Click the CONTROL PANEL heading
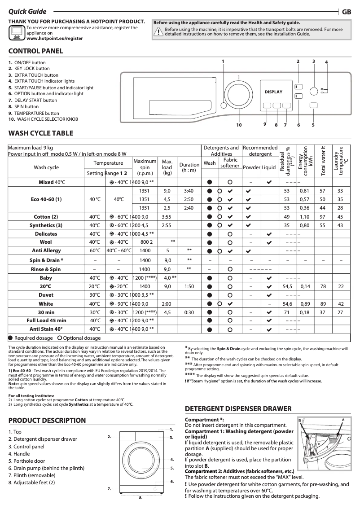click(x=36, y=51)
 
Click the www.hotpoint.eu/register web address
click(x=55, y=39)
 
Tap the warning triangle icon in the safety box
click(x=158, y=31)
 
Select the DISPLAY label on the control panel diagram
click(x=273, y=92)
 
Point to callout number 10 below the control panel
click(x=239, y=125)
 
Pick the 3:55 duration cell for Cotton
click(x=167, y=217)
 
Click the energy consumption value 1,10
click(x=305, y=217)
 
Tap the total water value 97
click(x=322, y=217)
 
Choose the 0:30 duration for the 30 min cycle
click(x=189, y=312)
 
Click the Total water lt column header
click(x=322, y=161)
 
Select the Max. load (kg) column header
click(x=167, y=167)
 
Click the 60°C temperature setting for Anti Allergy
click(x=95, y=250)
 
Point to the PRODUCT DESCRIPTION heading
click(x=47, y=421)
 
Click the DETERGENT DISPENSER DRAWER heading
click(x=238, y=409)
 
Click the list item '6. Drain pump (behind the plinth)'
click(x=46, y=468)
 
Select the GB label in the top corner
click(x=347, y=12)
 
